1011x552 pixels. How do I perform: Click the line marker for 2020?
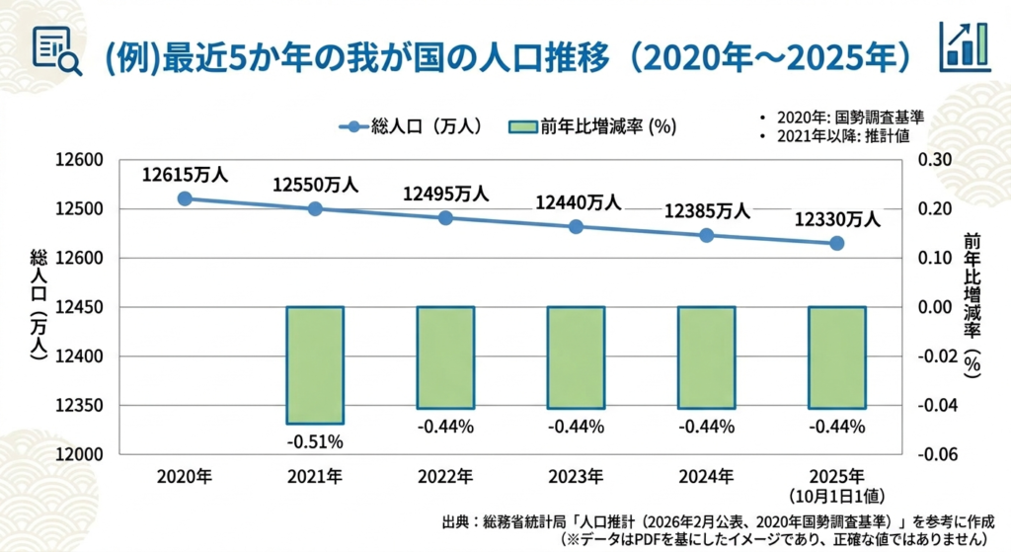(x=185, y=198)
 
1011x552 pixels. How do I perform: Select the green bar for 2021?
(x=315, y=364)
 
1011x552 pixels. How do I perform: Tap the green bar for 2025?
(x=837, y=356)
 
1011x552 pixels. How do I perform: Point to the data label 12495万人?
(x=445, y=195)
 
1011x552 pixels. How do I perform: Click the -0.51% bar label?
(x=315, y=439)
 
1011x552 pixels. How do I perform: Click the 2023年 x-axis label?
(x=576, y=477)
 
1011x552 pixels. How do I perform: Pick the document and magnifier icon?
(x=57, y=50)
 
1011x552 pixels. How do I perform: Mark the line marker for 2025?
(x=837, y=243)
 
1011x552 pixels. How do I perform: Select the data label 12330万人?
(x=837, y=220)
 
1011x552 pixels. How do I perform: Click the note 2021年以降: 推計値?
(x=846, y=135)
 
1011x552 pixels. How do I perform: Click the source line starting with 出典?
(x=720, y=520)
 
